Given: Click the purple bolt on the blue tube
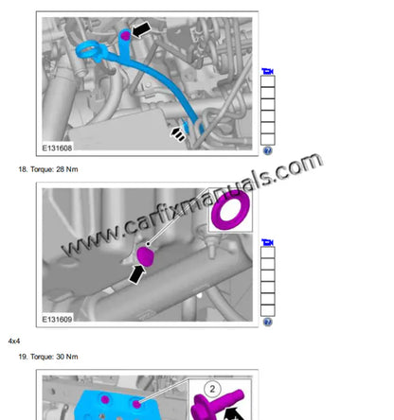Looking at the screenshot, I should tap(124, 36).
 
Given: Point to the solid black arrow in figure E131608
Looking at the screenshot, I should tap(141, 30).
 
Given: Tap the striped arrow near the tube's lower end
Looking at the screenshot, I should tap(177, 134).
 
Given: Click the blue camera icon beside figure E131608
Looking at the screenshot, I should tap(268, 72).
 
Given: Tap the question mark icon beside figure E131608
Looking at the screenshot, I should tap(268, 150).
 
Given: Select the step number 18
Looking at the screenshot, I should tap(23, 169).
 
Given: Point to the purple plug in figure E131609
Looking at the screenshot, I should tap(147, 256).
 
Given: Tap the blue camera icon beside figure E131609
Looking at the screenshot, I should tap(268, 243).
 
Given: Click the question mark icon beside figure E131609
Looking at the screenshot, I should tap(268, 322).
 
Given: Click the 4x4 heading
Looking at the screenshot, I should tap(14, 340).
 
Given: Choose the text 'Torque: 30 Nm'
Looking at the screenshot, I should tap(55, 357).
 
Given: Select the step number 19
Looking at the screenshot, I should tap(23, 357).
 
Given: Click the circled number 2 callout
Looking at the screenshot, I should tap(212, 389).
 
